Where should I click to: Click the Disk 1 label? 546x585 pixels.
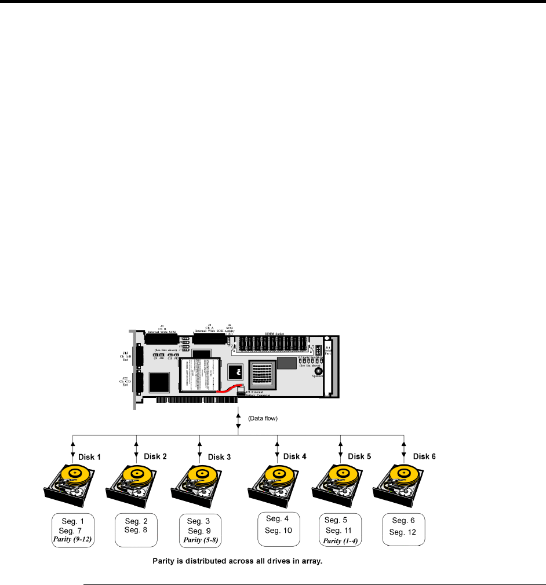click(90, 456)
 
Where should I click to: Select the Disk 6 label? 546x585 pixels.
click(424, 456)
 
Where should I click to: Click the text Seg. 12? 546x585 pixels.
click(403, 532)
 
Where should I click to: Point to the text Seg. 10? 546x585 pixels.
click(279, 530)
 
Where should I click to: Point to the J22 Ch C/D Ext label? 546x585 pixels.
click(125, 382)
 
